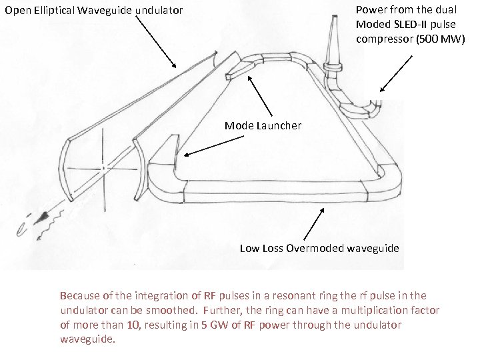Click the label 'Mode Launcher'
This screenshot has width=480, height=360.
click(263, 125)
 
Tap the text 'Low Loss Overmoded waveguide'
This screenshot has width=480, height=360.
click(319, 248)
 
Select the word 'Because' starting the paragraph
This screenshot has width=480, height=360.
click(78, 295)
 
